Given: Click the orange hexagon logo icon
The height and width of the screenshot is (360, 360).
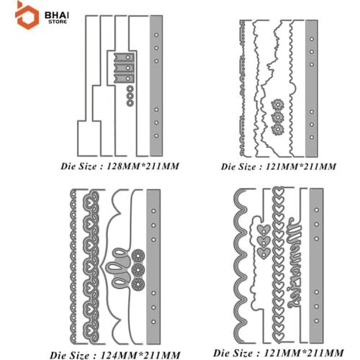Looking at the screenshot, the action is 27,16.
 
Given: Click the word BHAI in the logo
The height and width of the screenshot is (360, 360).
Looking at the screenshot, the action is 57,16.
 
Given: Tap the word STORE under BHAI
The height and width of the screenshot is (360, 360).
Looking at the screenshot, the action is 58,22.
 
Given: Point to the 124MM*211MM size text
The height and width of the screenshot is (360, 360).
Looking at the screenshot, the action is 140,355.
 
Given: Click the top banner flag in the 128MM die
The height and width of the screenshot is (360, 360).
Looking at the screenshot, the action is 124,58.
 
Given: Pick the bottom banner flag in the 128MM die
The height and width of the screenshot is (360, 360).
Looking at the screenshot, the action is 124,78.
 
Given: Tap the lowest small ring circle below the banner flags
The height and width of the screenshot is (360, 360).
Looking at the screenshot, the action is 130,103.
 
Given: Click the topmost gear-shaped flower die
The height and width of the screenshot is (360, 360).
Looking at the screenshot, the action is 278,104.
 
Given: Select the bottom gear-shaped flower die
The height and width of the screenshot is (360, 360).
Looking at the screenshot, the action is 278,130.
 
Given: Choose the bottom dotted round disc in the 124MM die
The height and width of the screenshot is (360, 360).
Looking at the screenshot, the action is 138,284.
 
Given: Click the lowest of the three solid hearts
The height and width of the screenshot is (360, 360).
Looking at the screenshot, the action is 264,253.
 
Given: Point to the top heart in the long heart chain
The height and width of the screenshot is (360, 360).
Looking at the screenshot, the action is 278,192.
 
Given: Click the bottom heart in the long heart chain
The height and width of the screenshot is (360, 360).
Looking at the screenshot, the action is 278,336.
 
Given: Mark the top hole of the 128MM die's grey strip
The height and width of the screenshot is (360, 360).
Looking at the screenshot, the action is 156,35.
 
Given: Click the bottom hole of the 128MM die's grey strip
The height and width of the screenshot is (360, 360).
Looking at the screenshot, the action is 156,135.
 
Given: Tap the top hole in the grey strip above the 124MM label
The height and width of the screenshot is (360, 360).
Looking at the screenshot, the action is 153,211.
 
